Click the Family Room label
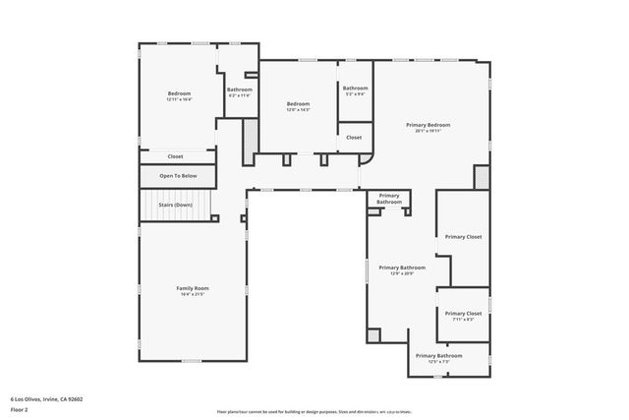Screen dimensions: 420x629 click(192, 288)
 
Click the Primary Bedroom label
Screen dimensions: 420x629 click(429, 125)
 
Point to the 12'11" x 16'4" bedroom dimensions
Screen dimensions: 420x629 click(179, 99)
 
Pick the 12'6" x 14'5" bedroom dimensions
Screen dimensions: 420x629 click(298, 110)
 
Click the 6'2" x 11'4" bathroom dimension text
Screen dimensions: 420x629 click(240, 95)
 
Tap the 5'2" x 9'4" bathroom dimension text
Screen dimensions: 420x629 click(355, 94)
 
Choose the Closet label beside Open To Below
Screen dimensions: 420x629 click(175, 156)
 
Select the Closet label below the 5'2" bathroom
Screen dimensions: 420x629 click(354, 138)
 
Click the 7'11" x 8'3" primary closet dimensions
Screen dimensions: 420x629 click(463, 319)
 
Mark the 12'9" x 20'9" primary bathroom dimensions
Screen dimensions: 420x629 click(401, 273)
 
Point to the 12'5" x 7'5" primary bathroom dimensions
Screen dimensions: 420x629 click(438, 361)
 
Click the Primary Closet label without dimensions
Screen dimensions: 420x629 click(463, 237)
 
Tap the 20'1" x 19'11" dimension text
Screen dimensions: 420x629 click(429, 131)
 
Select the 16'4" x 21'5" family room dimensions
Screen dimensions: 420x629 click(192, 294)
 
